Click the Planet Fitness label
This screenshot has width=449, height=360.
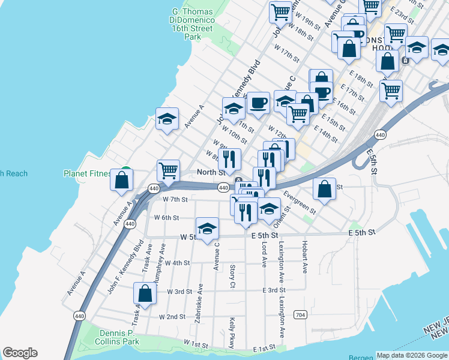(x=87, y=174)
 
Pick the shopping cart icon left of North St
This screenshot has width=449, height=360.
(x=169, y=171)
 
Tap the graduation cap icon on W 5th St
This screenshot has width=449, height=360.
(x=207, y=229)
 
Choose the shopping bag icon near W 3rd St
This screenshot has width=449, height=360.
(x=145, y=294)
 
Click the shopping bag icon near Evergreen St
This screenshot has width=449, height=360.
(x=325, y=189)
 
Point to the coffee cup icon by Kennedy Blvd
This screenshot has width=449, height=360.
(x=258, y=103)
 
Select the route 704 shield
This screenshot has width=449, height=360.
(x=301, y=314)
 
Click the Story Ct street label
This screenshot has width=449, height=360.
(x=232, y=276)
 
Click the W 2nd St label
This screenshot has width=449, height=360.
(x=172, y=316)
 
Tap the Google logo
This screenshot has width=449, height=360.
(x=20, y=353)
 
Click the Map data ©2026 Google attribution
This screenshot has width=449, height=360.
(x=412, y=355)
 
